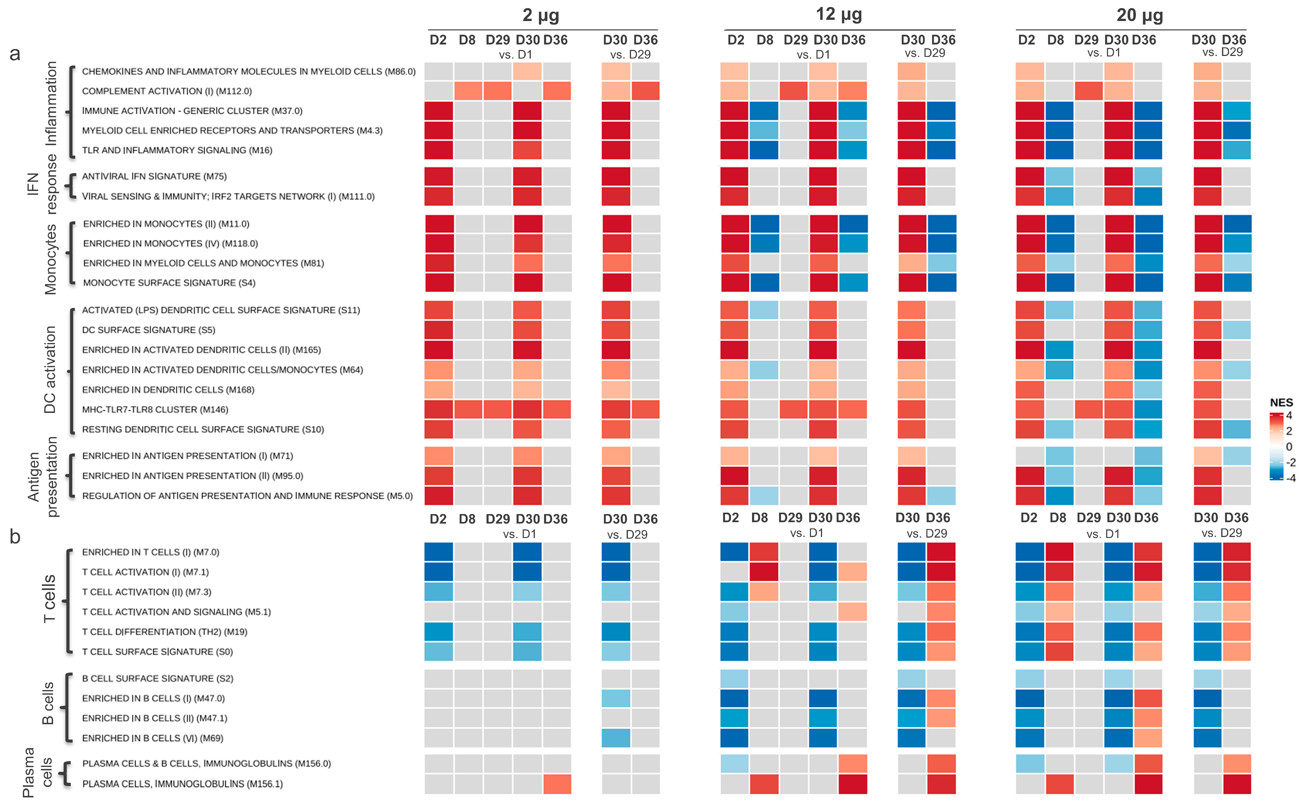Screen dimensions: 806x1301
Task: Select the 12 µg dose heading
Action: [839, 14]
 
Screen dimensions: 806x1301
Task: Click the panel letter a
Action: [15, 54]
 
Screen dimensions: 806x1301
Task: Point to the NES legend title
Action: [1281, 402]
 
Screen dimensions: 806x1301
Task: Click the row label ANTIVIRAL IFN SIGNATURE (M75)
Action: [154, 176]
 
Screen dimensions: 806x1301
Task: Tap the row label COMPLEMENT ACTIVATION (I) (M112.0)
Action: [166, 91]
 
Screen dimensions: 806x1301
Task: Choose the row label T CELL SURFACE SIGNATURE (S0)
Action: [157, 651]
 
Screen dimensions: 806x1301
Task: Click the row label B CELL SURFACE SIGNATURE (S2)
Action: [157, 678]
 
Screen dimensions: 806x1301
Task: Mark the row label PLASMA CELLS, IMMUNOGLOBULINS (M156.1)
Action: [182, 784]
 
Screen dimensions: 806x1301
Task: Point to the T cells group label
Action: [49, 599]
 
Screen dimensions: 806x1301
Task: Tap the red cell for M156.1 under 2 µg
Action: [557, 784]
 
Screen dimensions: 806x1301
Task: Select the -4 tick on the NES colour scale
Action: [1290, 478]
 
